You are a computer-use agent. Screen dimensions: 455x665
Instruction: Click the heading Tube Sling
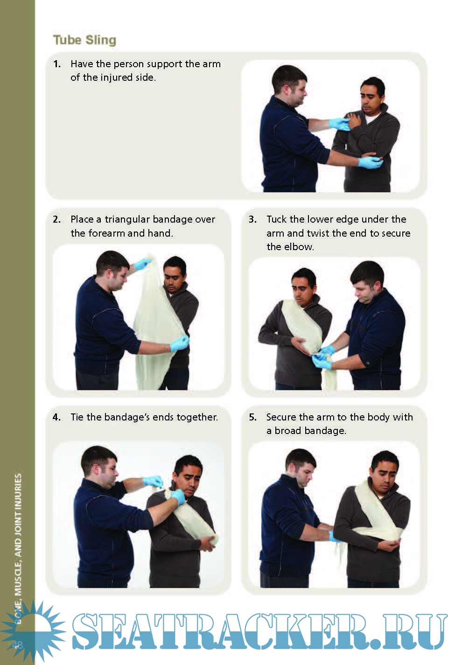pos(84,40)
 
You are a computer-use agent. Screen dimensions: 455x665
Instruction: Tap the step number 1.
pos(56,64)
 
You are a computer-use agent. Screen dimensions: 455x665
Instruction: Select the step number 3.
pos(252,219)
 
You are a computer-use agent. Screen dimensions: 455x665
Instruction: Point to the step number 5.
pos(252,417)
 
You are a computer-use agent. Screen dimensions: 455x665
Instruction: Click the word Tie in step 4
pos(77,417)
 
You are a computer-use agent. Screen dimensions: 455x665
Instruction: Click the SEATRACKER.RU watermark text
pos(259,632)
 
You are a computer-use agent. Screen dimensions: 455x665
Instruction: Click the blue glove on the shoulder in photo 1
pos(340,124)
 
